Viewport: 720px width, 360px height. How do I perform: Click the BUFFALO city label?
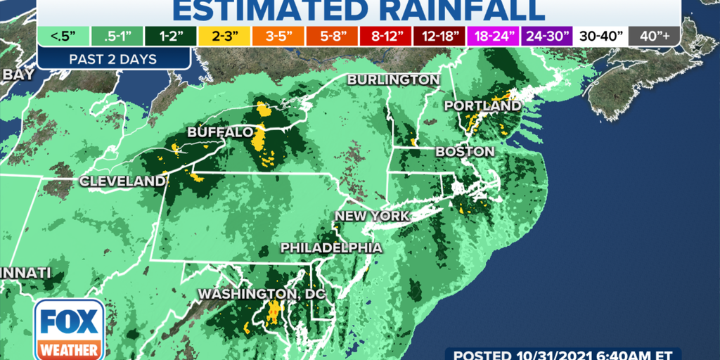(220, 132)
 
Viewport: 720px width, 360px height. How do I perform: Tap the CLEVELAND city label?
(122, 181)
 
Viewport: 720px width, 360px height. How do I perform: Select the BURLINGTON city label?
(393, 79)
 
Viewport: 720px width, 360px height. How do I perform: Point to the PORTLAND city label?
(483, 106)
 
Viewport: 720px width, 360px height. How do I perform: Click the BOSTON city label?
(465, 151)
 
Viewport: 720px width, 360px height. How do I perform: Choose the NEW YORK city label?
(371, 216)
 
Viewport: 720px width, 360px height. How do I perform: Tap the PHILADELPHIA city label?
(332, 247)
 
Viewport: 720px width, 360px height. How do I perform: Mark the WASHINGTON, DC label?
(262, 293)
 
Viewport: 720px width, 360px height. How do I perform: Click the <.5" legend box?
(63, 34)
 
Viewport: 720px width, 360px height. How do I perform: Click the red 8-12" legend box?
(382, 34)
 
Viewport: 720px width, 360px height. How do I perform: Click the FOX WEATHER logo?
(69, 329)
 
